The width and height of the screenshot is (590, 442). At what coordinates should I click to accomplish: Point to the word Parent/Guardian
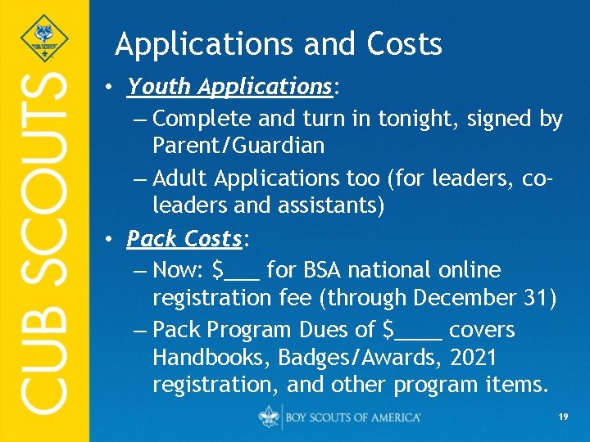point(238,147)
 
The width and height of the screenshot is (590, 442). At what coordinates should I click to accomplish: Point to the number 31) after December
point(541,299)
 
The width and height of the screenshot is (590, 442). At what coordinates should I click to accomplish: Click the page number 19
point(563,417)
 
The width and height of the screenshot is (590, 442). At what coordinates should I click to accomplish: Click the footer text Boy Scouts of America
point(353,417)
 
